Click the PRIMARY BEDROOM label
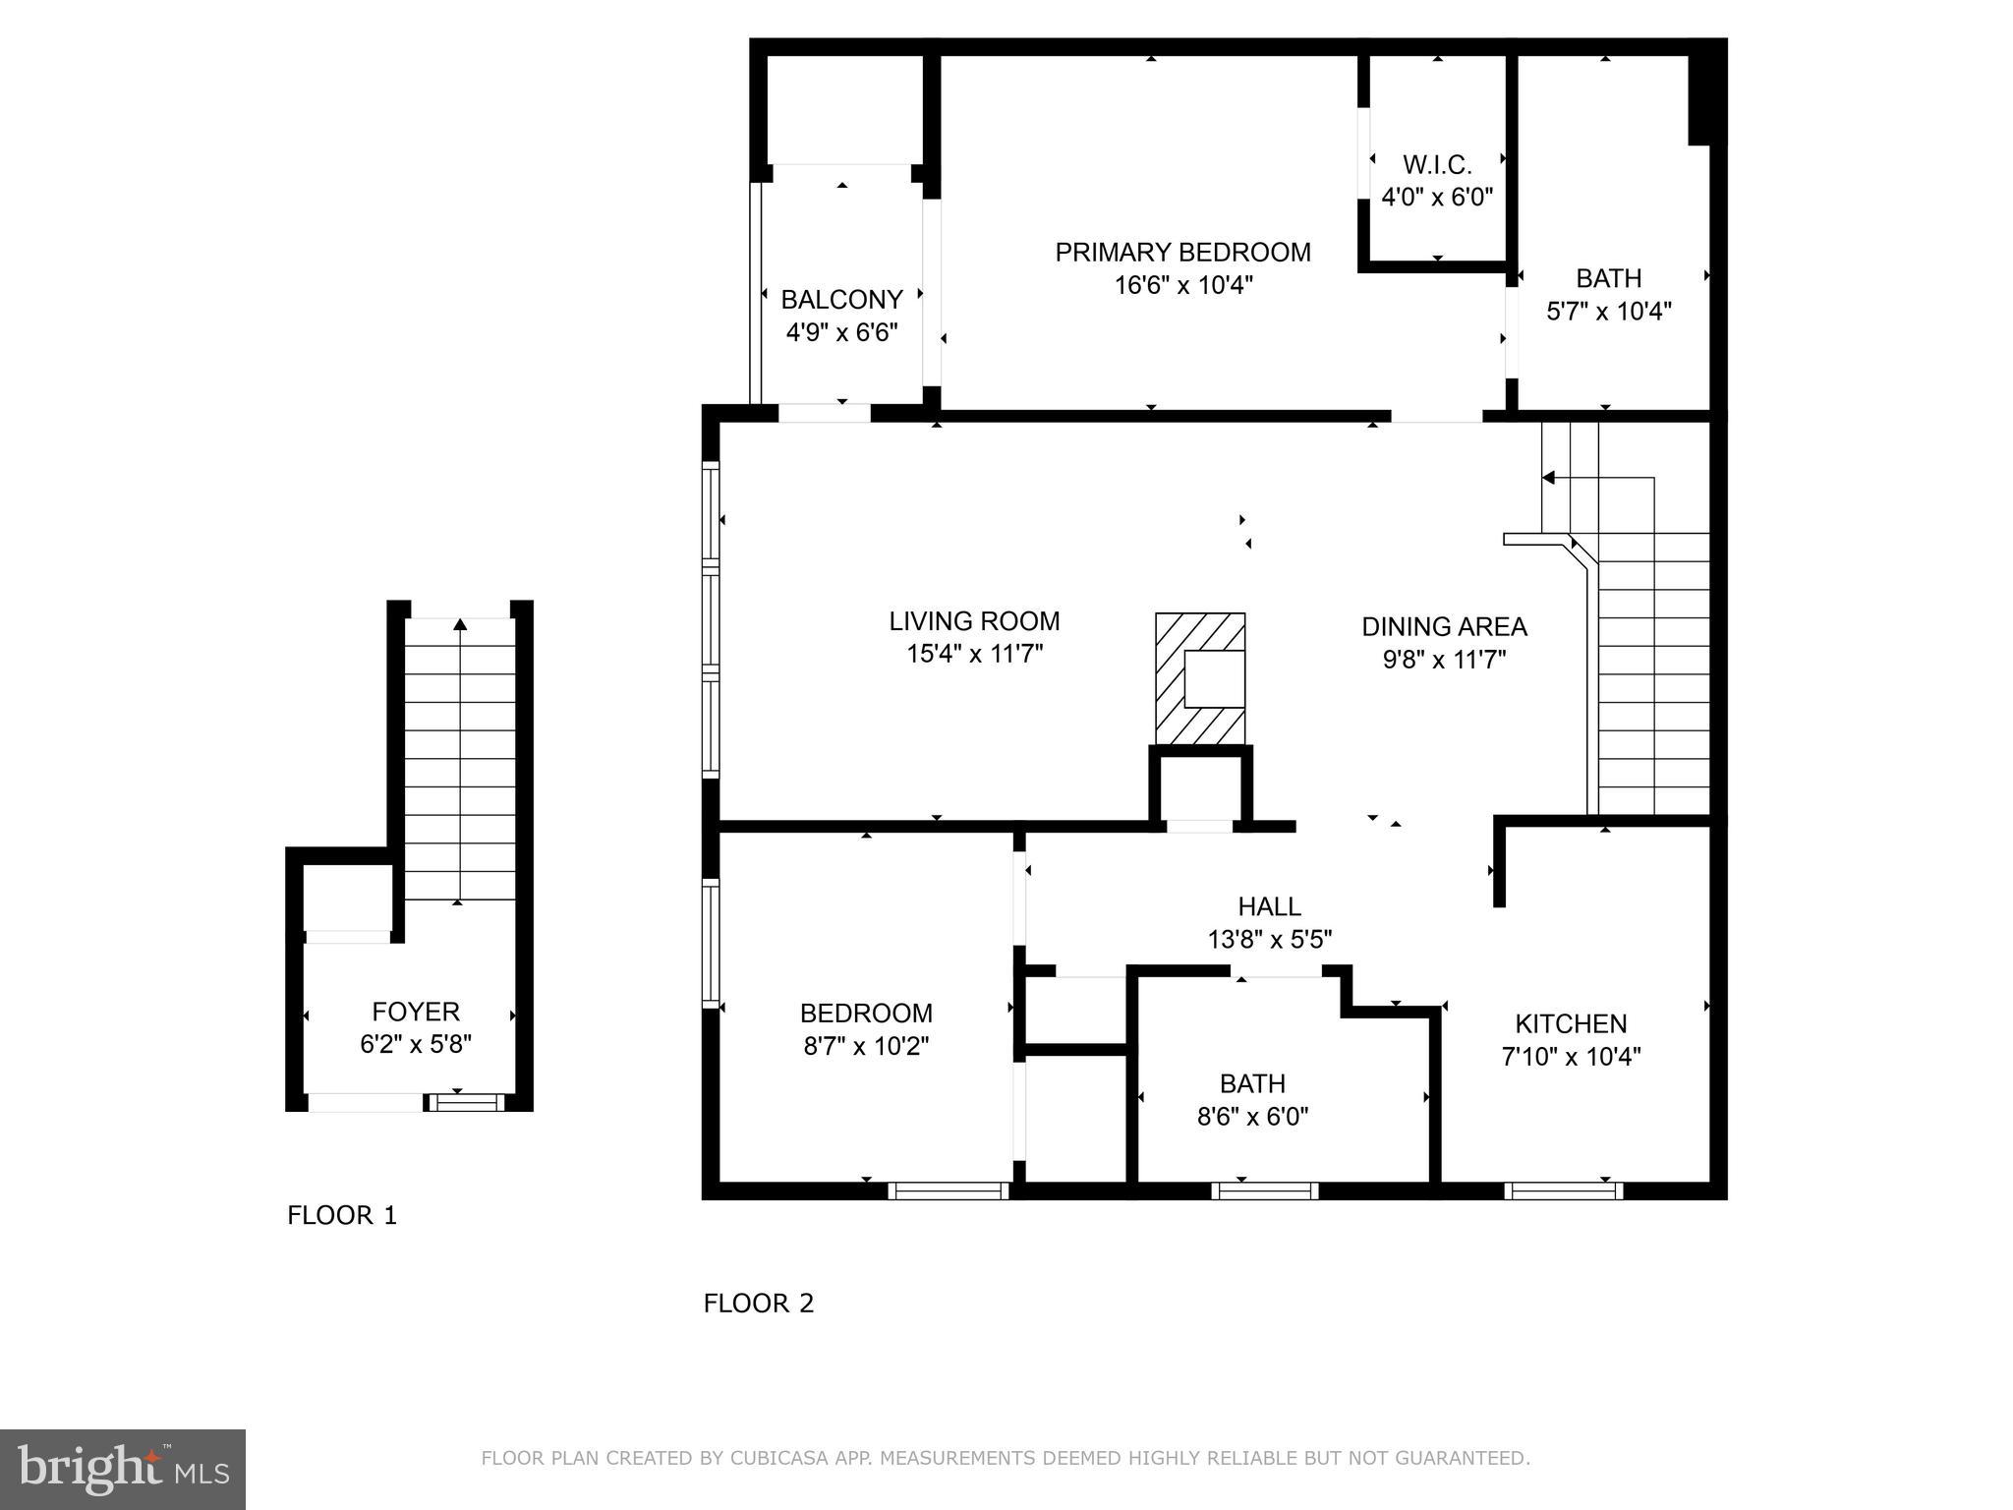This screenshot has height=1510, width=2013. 1182,253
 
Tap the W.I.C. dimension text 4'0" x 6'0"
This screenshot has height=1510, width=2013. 1437,198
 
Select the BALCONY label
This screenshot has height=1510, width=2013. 841,300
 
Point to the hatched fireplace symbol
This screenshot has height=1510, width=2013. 1200,678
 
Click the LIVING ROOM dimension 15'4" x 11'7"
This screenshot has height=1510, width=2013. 974,655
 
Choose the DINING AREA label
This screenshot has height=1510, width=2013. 1444,626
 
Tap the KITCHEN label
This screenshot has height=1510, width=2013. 1571,1024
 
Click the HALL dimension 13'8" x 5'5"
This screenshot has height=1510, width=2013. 1270,940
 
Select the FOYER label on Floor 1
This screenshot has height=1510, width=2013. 416,1012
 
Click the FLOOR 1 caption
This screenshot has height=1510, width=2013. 342,1216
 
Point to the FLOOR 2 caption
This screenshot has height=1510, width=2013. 759,1304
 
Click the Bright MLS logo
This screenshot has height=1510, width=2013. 123,1468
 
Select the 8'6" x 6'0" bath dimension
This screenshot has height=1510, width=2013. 1252,1117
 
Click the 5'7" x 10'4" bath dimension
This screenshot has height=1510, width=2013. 1609,312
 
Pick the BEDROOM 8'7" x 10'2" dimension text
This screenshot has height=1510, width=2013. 866,1046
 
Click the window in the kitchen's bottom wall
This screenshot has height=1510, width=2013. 1563,1191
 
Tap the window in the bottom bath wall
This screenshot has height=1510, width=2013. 1264,1191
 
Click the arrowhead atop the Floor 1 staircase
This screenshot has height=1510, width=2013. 460,623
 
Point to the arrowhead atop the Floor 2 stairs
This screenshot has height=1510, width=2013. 1548,478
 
